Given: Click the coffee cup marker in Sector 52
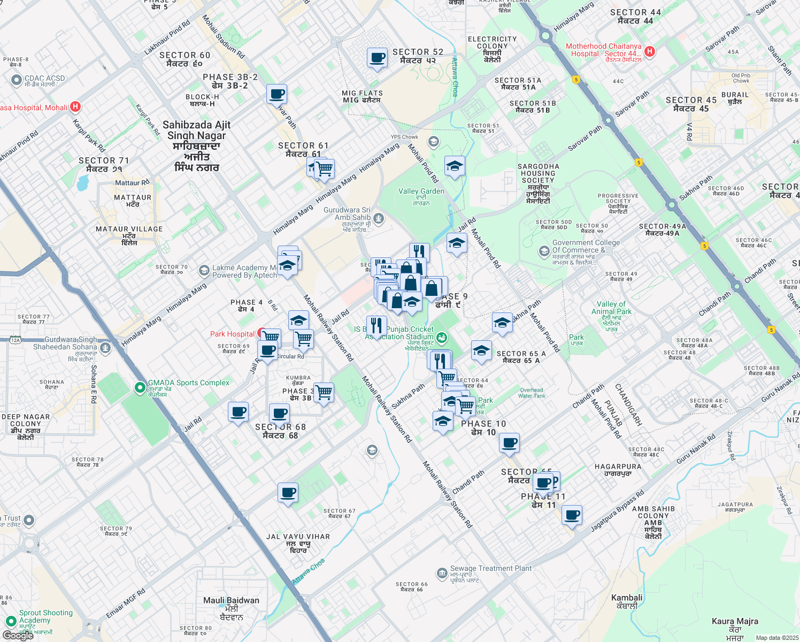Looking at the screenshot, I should [377, 57].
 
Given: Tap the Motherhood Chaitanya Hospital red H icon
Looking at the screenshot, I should [650, 51].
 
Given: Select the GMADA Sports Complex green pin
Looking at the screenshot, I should [140, 387].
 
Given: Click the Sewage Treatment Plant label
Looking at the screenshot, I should [491, 569].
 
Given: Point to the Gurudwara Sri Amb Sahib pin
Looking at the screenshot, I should [379, 218].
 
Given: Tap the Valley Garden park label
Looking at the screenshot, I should [421, 192].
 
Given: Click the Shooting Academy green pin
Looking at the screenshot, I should [11, 621].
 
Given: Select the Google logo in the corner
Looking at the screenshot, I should [18, 636].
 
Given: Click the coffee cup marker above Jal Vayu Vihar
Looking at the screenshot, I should [288, 492].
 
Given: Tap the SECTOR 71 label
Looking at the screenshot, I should [104, 160].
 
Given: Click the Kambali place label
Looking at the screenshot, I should [627, 598].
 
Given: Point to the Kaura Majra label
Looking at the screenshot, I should [735, 622].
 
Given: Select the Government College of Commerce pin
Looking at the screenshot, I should [543, 250].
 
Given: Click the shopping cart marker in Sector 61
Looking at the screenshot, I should [324, 169].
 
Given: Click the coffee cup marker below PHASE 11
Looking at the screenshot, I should [572, 515].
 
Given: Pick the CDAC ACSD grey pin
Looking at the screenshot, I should [16, 80].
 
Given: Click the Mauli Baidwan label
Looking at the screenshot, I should [231, 601].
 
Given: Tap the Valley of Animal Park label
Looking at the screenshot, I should [611, 308].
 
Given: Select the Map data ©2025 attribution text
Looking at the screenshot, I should [777, 638].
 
